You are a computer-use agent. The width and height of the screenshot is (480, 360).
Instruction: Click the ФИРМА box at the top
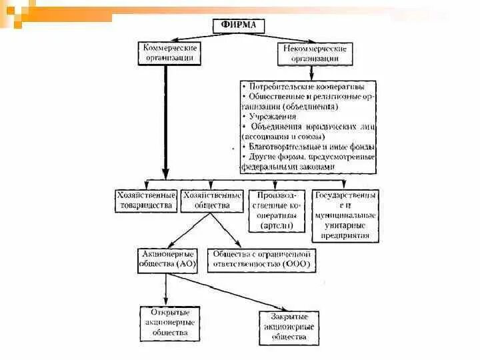pos(239,26)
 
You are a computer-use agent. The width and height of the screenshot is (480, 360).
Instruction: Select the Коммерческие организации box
pos(169,53)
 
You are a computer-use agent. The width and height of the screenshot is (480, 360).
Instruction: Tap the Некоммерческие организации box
pos(315,53)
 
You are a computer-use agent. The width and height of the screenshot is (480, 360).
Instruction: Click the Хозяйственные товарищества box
pos(146,201)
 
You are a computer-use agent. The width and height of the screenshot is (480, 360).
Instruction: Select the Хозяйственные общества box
pos(212,201)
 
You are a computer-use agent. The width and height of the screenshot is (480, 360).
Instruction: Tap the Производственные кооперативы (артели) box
pos(277,211)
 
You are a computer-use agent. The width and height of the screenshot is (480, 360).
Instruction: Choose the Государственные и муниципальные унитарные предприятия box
pos(345,215)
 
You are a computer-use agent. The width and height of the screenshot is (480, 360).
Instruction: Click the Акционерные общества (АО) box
pos(169,259)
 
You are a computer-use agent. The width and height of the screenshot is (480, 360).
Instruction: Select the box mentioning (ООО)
pos(261,259)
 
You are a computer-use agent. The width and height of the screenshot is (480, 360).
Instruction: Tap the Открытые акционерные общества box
pos(170,323)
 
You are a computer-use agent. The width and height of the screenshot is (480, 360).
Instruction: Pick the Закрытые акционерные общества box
pos(289,327)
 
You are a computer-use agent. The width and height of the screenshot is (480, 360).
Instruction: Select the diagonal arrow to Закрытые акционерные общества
pos(227,291)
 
